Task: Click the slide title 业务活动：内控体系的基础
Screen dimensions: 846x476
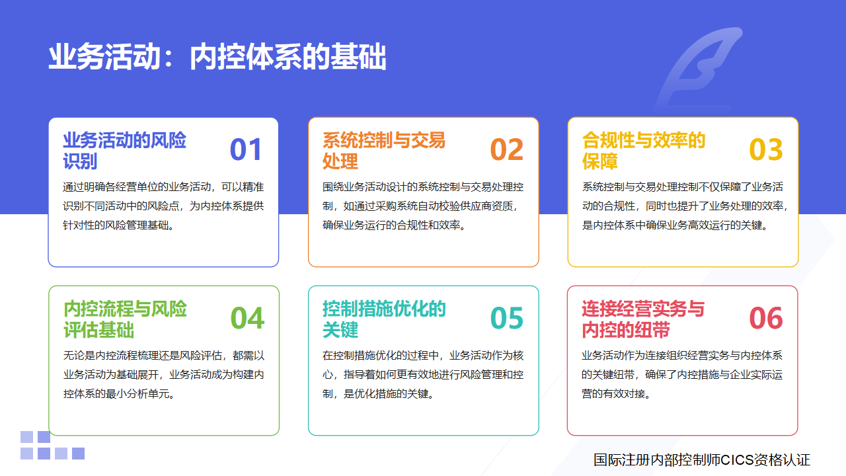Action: pos(217,57)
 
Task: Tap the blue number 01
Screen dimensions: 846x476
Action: pos(246,149)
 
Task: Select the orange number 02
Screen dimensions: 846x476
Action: pos(506,149)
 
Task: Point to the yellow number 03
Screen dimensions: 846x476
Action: pos(766,149)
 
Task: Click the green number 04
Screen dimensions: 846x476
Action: pos(247,318)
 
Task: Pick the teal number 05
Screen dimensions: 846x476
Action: pos(506,318)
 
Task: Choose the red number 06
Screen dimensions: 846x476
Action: pos(766,318)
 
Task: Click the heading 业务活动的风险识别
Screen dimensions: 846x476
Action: pos(125,151)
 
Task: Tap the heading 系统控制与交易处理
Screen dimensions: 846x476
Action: pos(384,151)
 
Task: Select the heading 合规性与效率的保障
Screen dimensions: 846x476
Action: pos(644,151)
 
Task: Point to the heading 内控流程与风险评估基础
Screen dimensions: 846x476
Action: pos(125,319)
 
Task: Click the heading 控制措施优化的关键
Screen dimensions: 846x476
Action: pos(384,319)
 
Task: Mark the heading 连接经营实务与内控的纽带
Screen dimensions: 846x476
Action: pos(643,319)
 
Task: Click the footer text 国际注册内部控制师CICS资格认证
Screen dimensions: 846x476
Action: pos(702,459)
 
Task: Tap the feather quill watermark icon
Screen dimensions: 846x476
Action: pos(699,68)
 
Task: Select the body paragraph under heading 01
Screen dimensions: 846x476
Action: pos(163,206)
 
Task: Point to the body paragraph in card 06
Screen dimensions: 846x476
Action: pos(681,374)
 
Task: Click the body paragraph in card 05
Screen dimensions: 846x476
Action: pos(422,374)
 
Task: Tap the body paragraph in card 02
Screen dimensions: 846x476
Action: pos(422,206)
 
